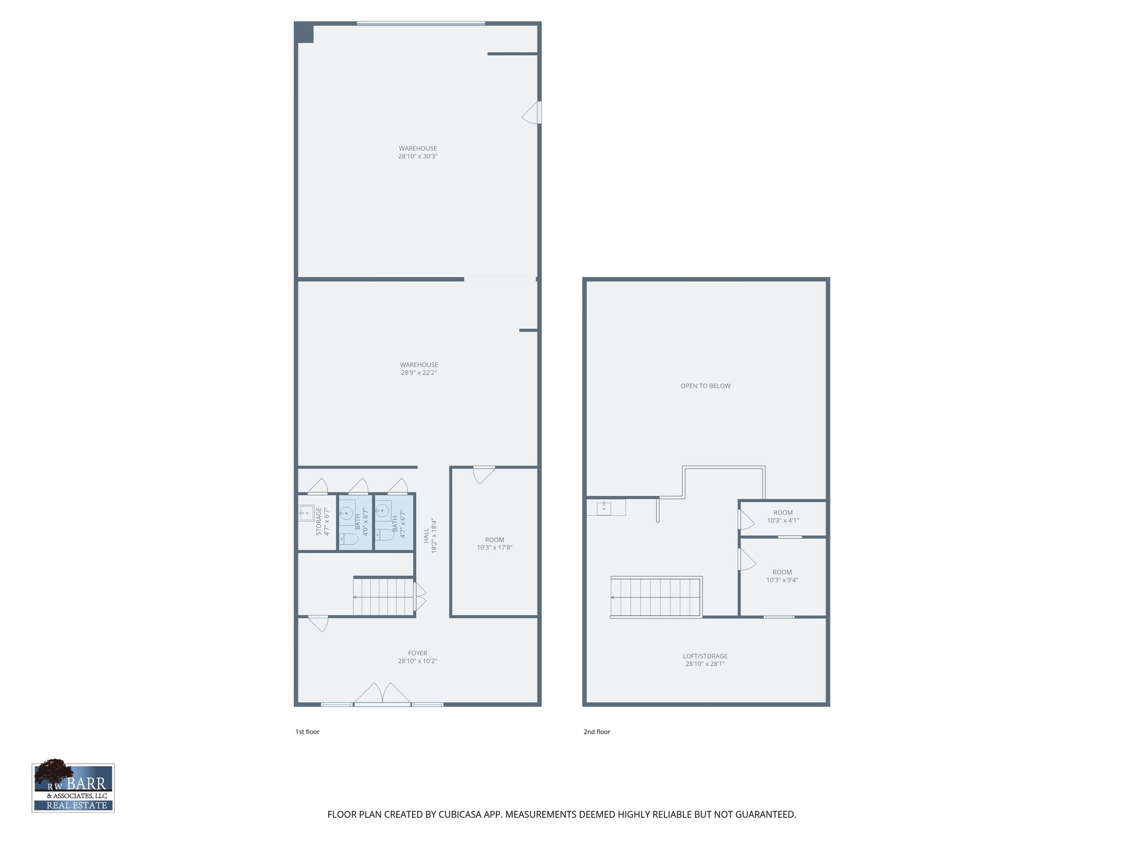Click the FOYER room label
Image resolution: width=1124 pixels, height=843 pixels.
(417, 653)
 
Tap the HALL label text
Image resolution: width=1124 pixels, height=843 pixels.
(426, 536)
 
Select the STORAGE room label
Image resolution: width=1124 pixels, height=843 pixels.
(319, 521)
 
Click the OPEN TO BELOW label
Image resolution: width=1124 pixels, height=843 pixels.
(705, 386)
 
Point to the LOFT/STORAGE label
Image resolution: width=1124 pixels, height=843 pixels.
(705, 656)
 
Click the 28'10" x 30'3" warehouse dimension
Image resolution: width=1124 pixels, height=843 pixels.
(418, 156)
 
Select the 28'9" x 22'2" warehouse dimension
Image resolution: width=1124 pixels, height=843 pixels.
(418, 373)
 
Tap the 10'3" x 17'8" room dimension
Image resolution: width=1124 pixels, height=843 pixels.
(494, 548)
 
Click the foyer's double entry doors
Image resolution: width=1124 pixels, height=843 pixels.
(383, 694)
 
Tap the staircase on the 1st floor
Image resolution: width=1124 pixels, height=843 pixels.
(384, 597)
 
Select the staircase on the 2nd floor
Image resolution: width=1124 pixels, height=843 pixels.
(656, 597)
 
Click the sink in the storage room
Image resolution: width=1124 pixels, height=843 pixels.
(306, 513)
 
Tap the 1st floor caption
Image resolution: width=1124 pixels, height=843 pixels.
(307, 732)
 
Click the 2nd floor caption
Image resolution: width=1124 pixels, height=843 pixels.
(597, 732)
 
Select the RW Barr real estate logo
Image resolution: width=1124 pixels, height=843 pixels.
(73, 788)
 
